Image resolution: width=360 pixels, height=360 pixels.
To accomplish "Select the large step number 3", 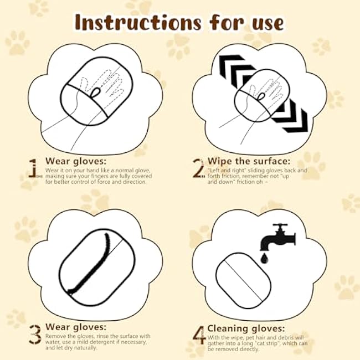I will click(34, 333).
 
